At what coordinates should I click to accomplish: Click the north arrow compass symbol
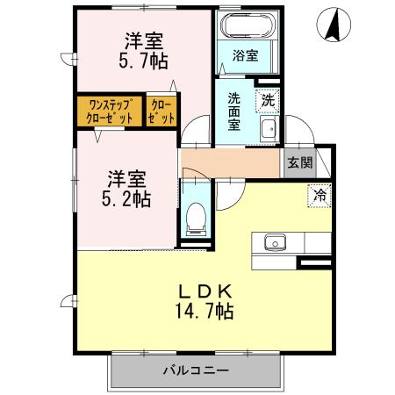[334, 24]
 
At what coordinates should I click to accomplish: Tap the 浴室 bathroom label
[245, 55]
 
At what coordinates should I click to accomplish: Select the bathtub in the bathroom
[246, 27]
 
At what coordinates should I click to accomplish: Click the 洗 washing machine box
[268, 100]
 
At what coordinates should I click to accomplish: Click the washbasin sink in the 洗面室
[269, 131]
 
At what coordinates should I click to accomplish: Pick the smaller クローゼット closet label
[162, 111]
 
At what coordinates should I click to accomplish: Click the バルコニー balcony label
[195, 371]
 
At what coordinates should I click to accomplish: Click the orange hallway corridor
[230, 162]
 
